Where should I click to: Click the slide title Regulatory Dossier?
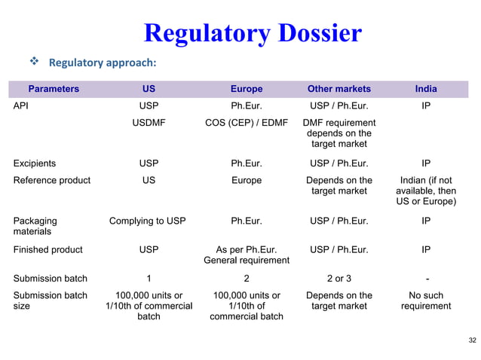(x=253, y=33)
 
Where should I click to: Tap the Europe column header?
(x=247, y=89)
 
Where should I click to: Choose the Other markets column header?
(x=339, y=89)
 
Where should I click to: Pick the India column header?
(x=426, y=89)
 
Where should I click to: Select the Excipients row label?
(x=35, y=163)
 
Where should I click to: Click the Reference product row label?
(x=52, y=181)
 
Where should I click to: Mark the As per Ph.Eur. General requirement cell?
(x=247, y=255)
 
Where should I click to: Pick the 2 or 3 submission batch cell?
(x=339, y=278)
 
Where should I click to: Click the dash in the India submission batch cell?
(x=426, y=278)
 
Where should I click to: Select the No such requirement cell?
(x=426, y=301)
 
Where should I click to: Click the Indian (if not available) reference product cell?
(x=426, y=191)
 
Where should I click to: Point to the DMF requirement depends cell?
(x=339, y=133)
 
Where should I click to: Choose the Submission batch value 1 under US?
(x=149, y=278)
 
